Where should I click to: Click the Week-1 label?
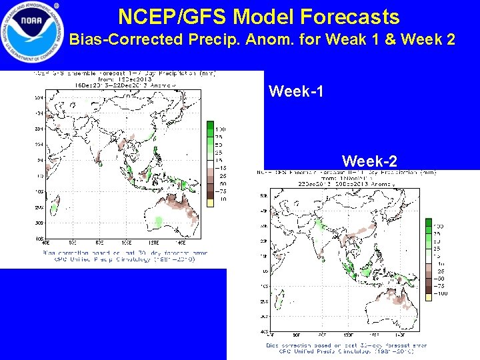(296, 91)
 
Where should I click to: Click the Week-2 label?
(369, 161)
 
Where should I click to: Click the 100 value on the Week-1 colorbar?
(219, 129)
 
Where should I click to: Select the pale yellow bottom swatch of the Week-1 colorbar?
(210, 199)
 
